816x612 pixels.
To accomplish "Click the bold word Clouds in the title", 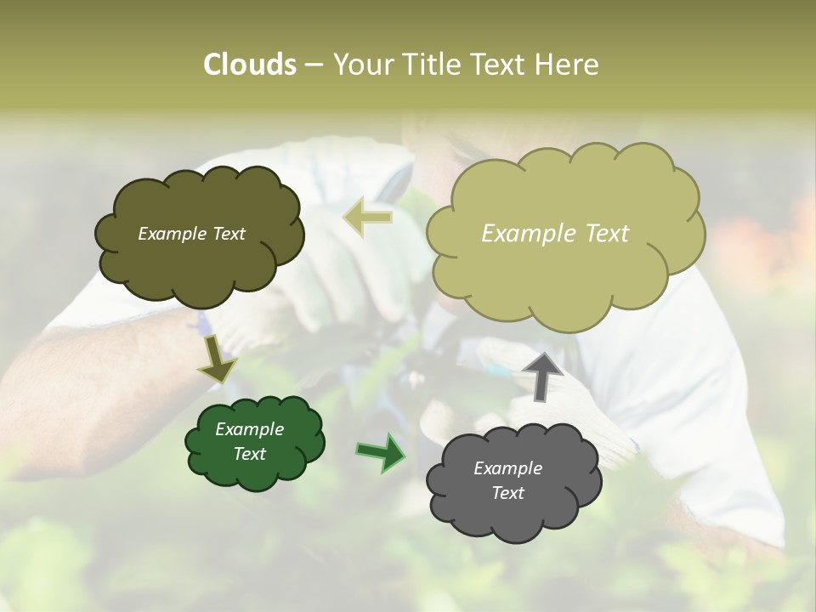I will (249, 65).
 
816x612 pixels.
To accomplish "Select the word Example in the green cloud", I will (249, 429).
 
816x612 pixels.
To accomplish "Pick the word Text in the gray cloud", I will (507, 493).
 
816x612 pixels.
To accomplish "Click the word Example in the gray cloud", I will (507, 468).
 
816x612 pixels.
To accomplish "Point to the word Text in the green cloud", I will (249, 454).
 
